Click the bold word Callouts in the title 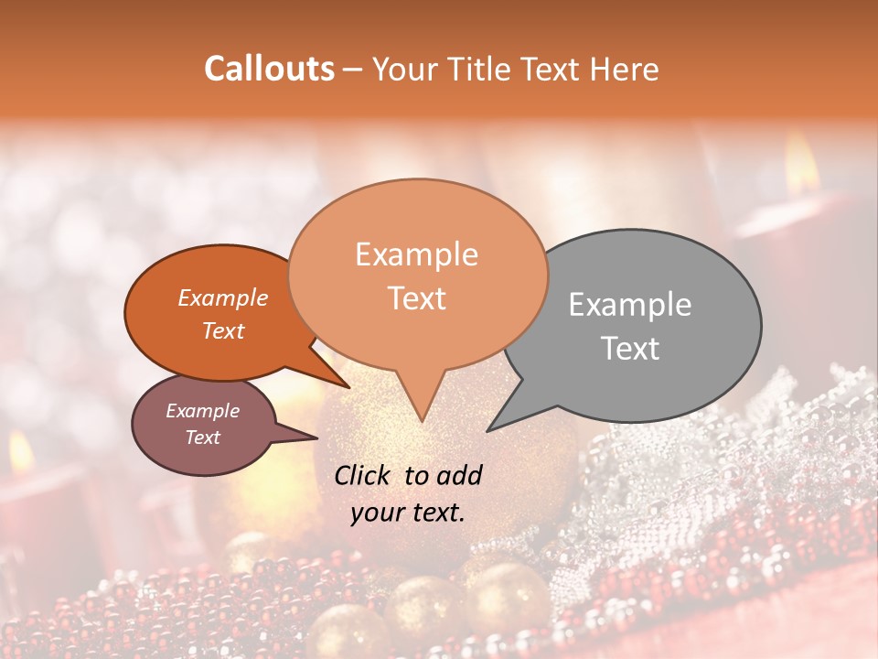269,69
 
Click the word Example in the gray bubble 630,305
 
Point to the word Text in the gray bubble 630,349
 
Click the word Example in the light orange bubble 416,254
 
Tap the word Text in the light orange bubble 416,298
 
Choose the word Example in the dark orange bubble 223,297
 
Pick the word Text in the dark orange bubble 223,330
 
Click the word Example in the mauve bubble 202,411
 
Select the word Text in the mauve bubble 202,438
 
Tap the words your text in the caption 408,513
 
